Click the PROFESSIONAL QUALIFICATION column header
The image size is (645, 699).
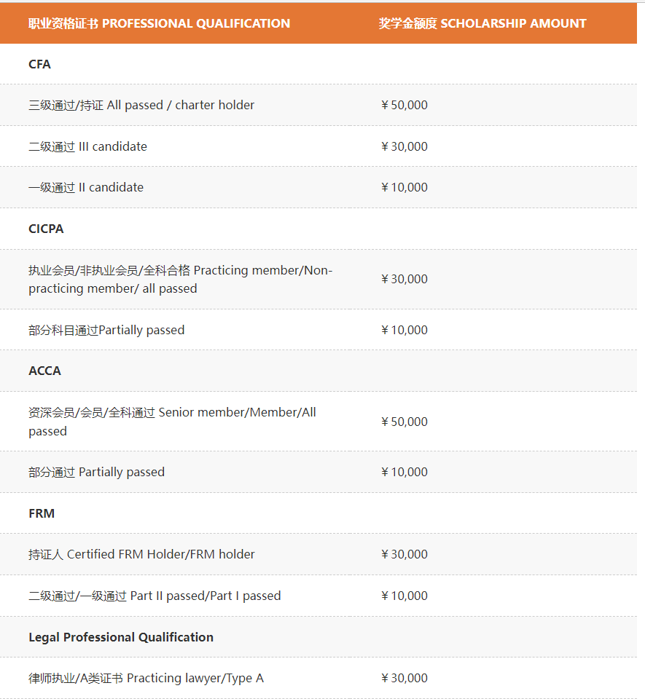click(159, 23)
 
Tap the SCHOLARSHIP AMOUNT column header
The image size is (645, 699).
click(482, 23)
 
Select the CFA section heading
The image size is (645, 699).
click(39, 64)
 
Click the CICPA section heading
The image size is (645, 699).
click(46, 229)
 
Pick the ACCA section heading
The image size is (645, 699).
click(44, 371)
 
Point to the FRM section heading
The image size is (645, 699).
click(42, 513)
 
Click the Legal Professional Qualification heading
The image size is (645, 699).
click(121, 637)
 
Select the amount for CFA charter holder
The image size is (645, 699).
click(404, 105)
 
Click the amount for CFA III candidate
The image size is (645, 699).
click(404, 146)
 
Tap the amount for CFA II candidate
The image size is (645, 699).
click(404, 187)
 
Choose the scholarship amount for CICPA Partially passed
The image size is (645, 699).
click(404, 330)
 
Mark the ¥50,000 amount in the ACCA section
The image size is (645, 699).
click(404, 422)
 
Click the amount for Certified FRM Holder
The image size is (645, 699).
click(404, 554)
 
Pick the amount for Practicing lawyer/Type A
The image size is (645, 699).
click(404, 678)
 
